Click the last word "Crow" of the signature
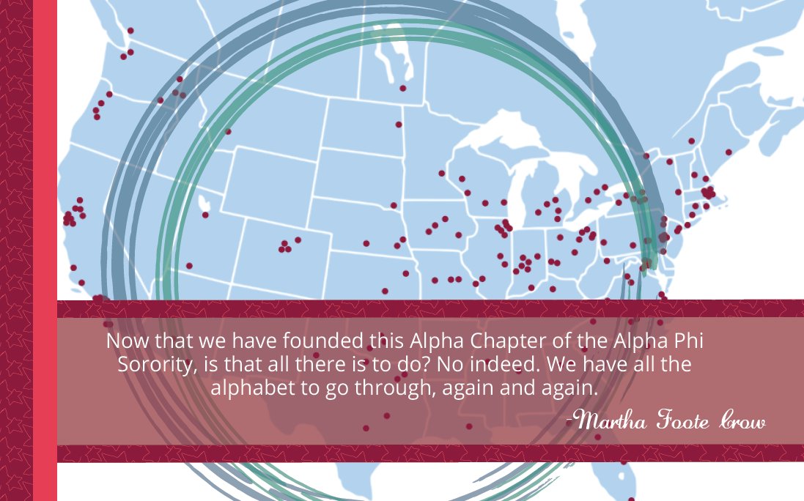(x=742, y=422)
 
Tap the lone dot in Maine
(x=728, y=152)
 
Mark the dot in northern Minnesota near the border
(x=402, y=89)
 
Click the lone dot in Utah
(x=205, y=215)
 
